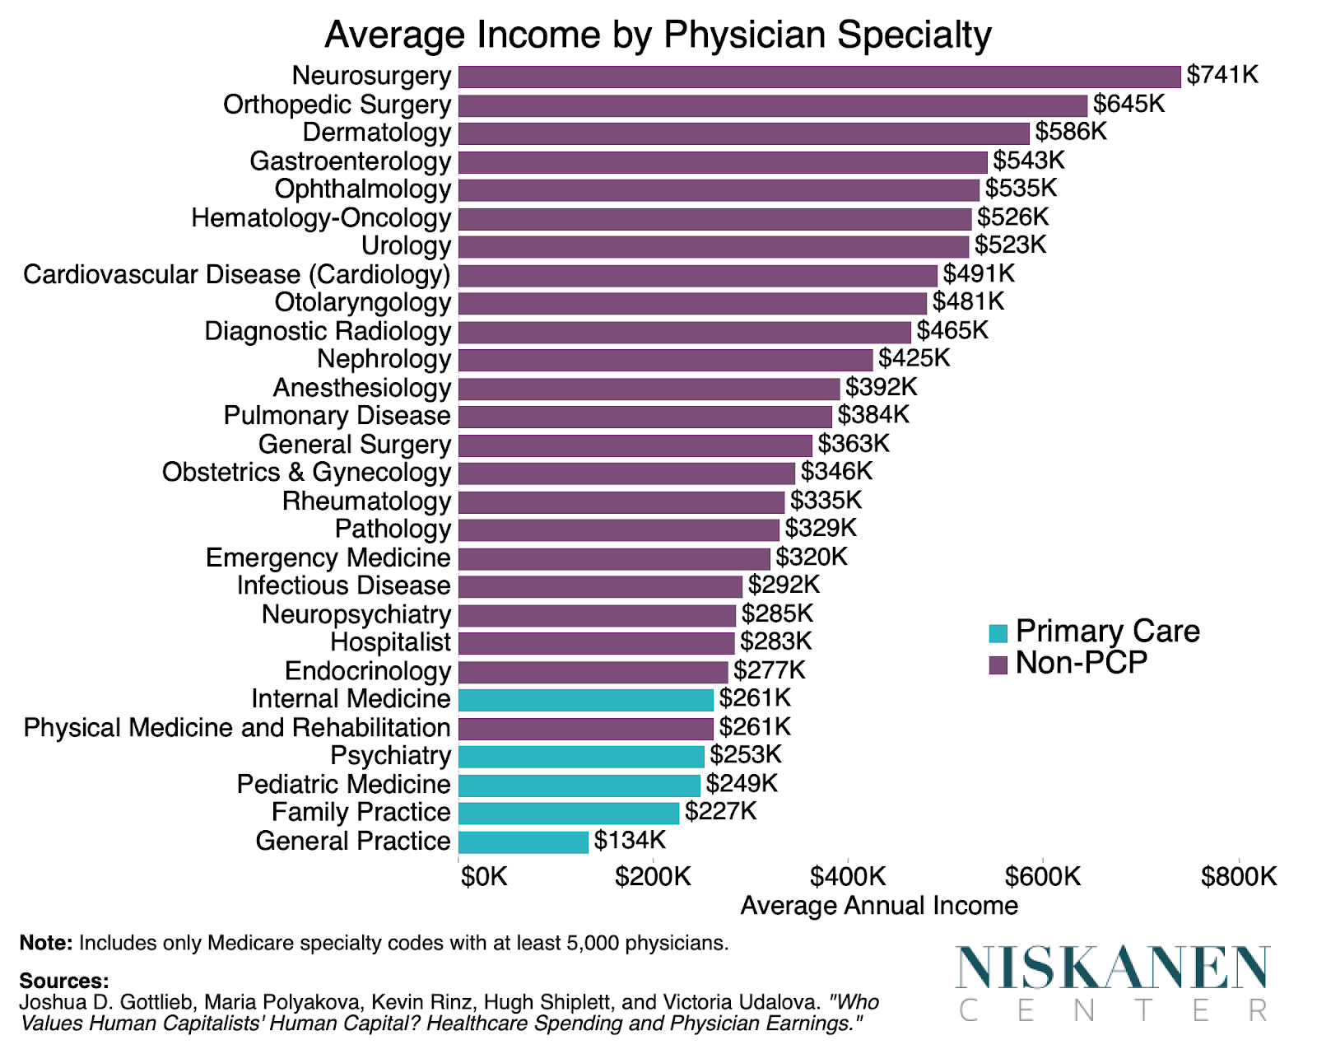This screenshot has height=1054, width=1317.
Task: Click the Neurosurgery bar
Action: pos(819,77)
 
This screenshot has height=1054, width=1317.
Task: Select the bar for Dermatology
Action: pos(743,133)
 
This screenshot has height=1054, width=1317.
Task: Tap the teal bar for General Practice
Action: pos(524,842)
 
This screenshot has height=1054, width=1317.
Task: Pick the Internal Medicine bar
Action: pos(586,700)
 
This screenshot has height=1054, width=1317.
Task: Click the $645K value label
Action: pos(1129,105)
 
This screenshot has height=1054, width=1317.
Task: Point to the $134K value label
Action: pos(630,841)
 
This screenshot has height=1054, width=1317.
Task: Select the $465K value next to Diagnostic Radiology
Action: pos(952,331)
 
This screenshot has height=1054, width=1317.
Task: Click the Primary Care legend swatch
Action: pos(998,633)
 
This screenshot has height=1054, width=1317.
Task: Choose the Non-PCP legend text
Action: pos(1081,663)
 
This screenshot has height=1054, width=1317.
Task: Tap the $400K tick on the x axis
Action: pos(848,877)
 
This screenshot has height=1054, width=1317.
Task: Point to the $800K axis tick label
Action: pos(1238,877)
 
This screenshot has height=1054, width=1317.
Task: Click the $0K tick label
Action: pos(484,877)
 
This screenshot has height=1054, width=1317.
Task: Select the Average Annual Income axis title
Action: pos(879,906)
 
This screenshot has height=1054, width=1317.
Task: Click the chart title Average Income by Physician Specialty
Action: pos(658,35)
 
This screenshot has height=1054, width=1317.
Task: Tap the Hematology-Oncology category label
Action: pos(321,218)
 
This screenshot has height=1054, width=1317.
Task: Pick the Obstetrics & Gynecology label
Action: pos(306,473)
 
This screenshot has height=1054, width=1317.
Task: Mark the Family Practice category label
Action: pos(361,813)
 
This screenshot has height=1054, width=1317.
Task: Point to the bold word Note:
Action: pos(46,943)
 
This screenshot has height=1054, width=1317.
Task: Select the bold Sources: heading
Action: pos(63,982)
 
